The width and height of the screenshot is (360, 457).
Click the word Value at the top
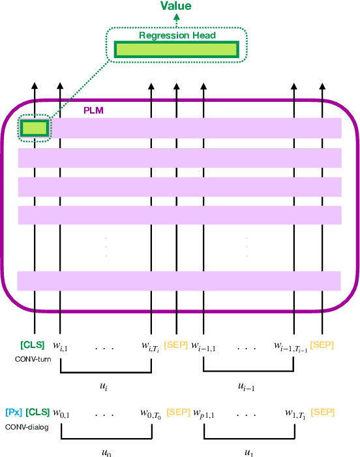click(177, 6)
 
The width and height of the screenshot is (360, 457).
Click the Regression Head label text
click(176, 35)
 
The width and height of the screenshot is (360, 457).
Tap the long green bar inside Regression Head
click(176, 50)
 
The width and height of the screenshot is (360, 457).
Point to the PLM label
click(93, 111)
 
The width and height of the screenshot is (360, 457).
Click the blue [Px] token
click(14, 412)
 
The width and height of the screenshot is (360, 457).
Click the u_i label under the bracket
click(104, 386)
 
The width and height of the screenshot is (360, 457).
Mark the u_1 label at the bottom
click(248, 452)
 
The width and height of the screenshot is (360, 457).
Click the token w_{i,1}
click(61, 345)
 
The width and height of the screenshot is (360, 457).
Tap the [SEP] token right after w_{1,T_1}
click(323, 412)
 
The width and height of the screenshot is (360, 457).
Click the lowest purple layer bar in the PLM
click(179, 281)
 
